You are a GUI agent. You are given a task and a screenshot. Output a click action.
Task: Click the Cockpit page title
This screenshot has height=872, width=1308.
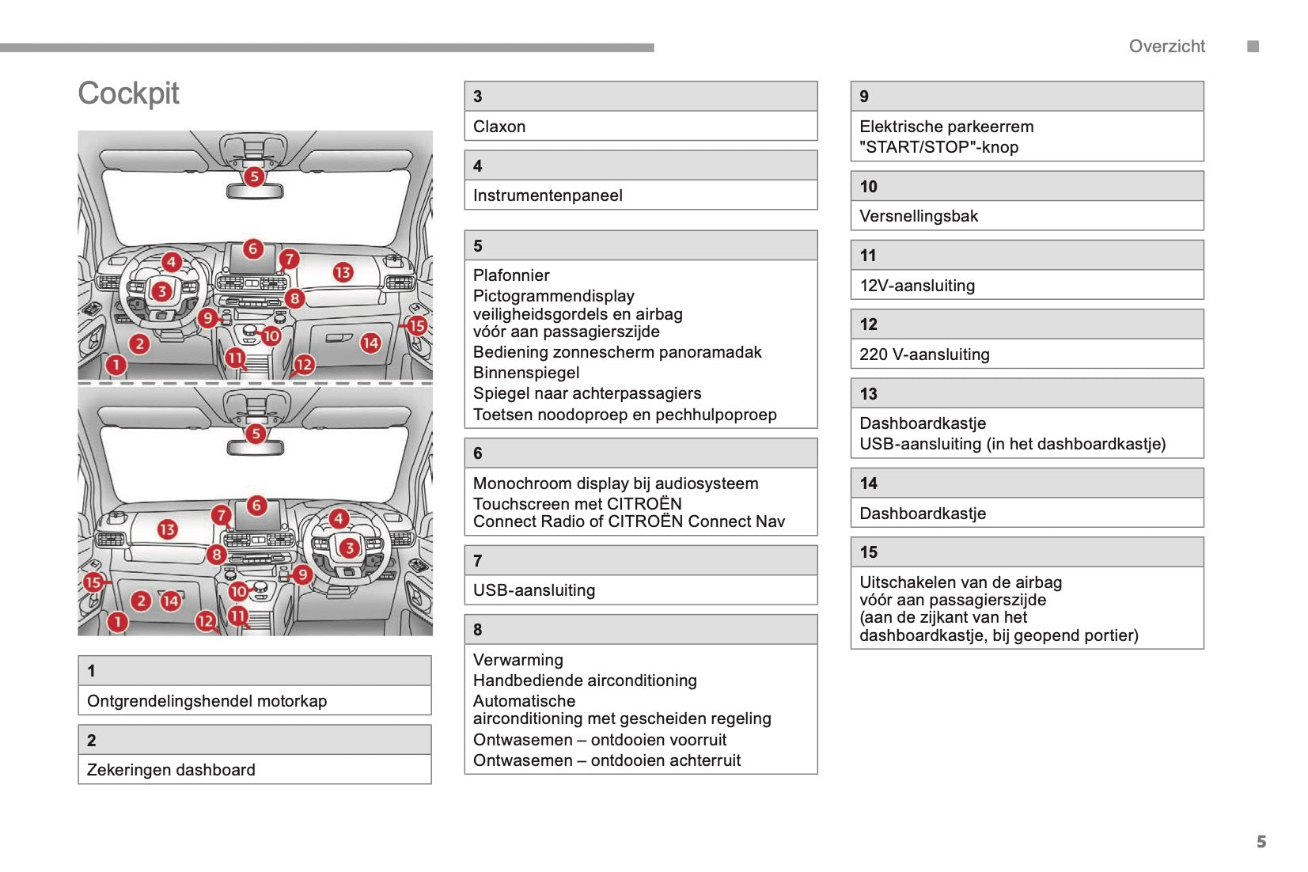[x=128, y=93]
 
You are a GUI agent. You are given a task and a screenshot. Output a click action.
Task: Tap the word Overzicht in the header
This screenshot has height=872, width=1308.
[x=1166, y=47]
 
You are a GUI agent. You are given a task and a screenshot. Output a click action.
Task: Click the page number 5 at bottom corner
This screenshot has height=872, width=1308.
[x=1261, y=842]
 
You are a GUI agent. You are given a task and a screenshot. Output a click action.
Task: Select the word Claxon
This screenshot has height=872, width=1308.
[x=499, y=127]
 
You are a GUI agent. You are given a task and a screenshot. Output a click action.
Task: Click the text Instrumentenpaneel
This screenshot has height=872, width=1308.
[x=548, y=195]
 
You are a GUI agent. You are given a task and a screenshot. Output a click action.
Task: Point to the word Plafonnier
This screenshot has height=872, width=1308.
[x=511, y=275]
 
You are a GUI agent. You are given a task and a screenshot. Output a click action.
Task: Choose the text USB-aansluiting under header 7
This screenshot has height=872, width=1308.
[x=534, y=590]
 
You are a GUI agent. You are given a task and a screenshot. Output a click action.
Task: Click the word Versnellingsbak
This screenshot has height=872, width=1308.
[x=919, y=216]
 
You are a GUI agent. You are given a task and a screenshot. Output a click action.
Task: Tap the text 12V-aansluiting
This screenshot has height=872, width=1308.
[x=917, y=286]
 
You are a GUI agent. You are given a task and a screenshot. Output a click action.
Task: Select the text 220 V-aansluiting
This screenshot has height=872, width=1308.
[x=924, y=354]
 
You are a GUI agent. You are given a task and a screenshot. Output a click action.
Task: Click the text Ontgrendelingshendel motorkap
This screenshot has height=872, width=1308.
[x=207, y=701]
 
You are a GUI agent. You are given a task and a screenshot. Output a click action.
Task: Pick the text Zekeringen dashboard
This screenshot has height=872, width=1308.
[x=171, y=770]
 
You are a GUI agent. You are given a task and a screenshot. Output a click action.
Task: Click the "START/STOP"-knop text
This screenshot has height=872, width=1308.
[x=939, y=147]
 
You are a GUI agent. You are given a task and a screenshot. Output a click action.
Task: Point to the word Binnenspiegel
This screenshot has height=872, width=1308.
[x=526, y=373]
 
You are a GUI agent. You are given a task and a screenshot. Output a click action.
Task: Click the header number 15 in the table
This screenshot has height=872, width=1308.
[x=869, y=552]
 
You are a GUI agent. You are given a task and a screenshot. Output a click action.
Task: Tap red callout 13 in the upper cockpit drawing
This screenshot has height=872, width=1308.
[x=343, y=272]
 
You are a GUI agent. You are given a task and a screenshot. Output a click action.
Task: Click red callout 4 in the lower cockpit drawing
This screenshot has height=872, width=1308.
[x=339, y=518]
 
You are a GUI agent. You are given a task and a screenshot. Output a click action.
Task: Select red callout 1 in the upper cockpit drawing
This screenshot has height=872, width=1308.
[x=116, y=365]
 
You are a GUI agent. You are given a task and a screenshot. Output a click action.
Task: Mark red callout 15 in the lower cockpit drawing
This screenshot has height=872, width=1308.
[x=93, y=582]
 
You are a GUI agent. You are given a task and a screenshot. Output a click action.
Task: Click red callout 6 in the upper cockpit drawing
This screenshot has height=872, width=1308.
[x=253, y=248]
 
